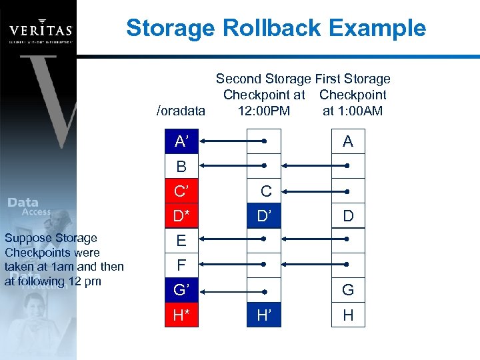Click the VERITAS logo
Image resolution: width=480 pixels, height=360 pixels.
click(41, 30)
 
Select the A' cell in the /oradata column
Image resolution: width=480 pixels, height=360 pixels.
click(181, 141)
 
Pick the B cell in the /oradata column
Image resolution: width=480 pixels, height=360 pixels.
click(181, 166)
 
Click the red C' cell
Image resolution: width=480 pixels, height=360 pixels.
click(181, 191)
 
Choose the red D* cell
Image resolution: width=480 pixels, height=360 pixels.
click(181, 216)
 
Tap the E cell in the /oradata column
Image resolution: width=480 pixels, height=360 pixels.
click(181, 241)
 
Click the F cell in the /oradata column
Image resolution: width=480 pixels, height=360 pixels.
click(181, 265)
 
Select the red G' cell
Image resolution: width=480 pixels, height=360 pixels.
click(181, 291)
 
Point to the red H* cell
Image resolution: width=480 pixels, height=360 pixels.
click(181, 315)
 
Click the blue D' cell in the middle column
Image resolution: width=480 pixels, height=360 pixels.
click(264, 216)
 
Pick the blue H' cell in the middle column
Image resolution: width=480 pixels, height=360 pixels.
click(264, 315)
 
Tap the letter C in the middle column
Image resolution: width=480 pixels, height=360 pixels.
click(266, 191)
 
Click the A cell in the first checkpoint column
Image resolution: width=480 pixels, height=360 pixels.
click(348, 141)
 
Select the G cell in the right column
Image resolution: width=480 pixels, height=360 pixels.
click(348, 291)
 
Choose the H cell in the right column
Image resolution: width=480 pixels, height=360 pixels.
click(348, 315)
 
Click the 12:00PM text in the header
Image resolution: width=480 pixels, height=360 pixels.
click(264, 111)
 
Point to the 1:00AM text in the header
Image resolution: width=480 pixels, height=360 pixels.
click(353, 111)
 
